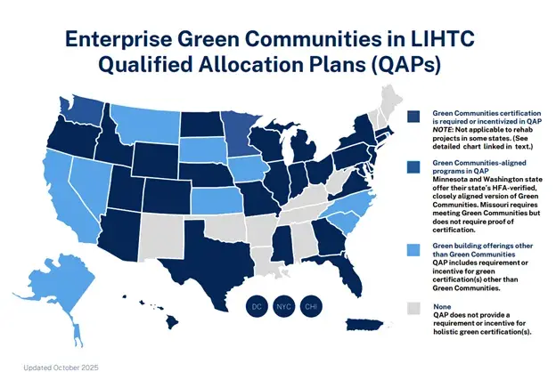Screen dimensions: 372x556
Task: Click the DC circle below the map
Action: coord(257,304)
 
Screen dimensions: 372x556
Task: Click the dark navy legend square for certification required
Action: coord(413,116)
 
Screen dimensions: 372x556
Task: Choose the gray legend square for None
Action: coord(413,306)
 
